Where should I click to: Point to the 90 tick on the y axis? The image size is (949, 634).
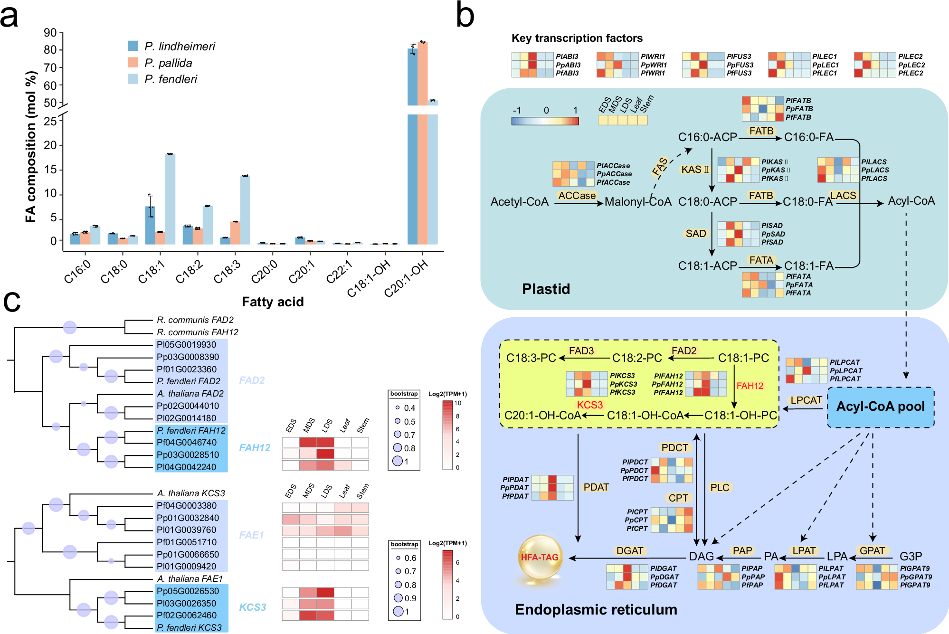tap(50, 33)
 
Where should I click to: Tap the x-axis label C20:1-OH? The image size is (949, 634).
tap(407, 280)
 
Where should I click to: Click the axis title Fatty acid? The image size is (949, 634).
tap(273, 302)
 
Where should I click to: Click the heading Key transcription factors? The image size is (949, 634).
tap(577, 38)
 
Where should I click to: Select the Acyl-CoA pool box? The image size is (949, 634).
tap(880, 407)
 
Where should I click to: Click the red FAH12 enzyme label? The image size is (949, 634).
tap(750, 386)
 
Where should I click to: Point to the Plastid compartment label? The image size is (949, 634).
tap(546, 289)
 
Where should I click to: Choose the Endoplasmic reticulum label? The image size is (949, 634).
tap(596, 609)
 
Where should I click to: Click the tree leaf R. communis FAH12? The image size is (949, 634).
tap(197, 332)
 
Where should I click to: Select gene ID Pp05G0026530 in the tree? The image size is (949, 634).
tap(188, 591)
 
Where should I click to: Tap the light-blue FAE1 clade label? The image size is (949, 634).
tap(251, 535)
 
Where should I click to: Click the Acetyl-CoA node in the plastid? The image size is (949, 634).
tap(519, 202)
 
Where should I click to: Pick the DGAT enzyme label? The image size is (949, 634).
tap(629, 550)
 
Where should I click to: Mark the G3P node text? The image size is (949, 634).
tap(911, 556)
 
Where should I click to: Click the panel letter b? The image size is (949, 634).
tap(465, 15)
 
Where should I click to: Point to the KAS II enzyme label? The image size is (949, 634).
tap(694, 170)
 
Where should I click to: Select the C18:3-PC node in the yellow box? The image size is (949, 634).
tap(531, 358)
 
